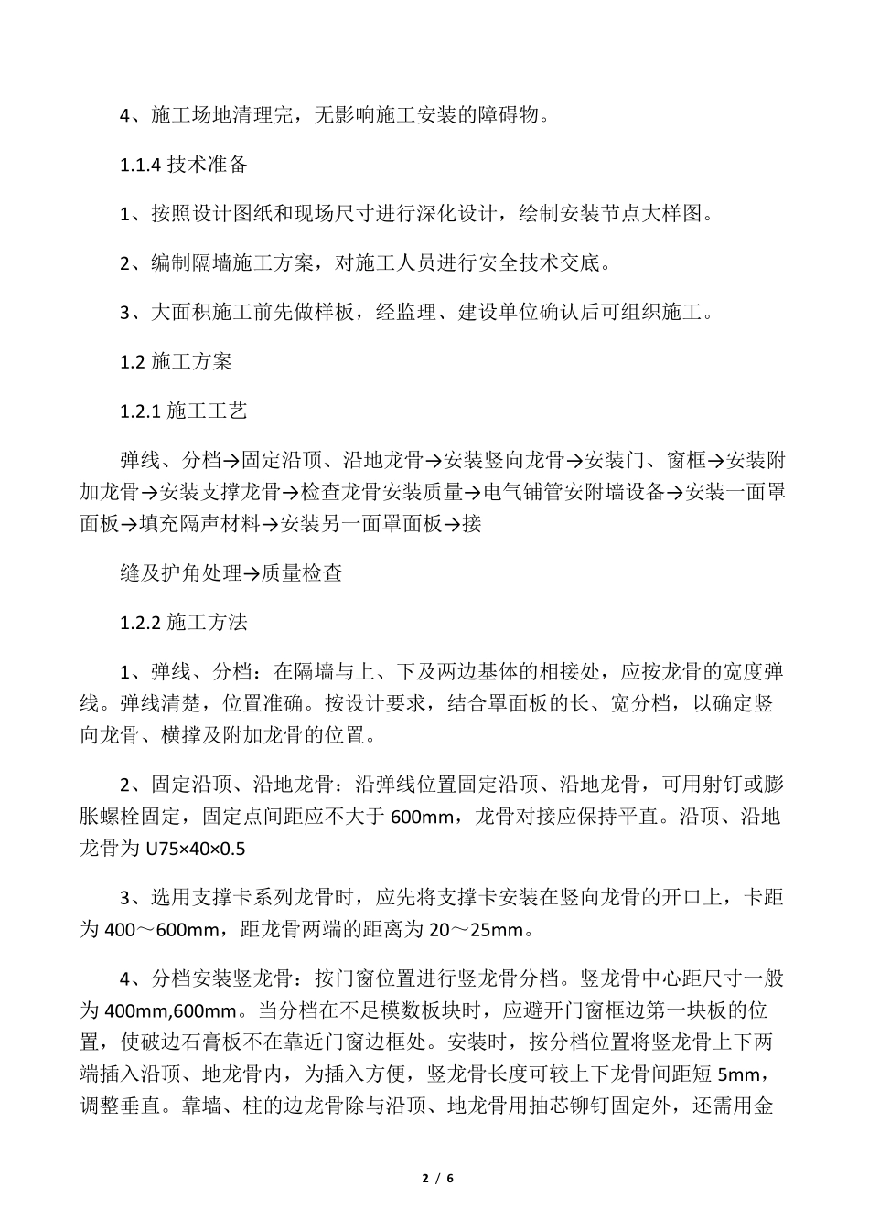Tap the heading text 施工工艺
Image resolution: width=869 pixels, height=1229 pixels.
click(207, 411)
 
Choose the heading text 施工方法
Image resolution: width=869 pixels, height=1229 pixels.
click(207, 623)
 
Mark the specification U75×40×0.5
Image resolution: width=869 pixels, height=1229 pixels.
click(196, 850)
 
